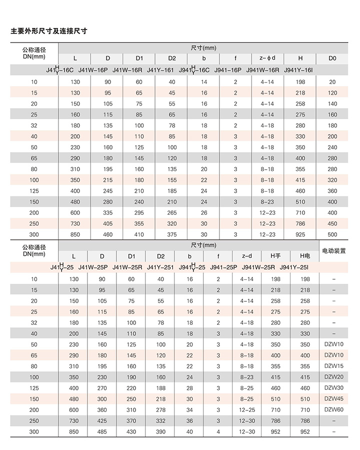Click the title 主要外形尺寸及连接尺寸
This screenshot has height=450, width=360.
click(x=49, y=31)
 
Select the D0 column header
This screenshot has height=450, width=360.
click(x=332, y=59)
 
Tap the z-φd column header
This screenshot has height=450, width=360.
click(x=267, y=59)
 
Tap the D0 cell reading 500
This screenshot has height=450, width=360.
click(x=332, y=234)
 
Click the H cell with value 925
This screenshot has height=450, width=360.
click(x=300, y=234)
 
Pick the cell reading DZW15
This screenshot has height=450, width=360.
click(x=333, y=366)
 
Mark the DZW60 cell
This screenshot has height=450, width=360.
click(x=333, y=409)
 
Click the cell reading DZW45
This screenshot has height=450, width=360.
click(x=333, y=398)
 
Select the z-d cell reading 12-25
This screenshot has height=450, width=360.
click(x=247, y=409)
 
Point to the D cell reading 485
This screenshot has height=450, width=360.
click(x=102, y=431)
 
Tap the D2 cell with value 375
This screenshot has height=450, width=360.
click(x=172, y=234)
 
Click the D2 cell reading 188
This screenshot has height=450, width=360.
click(x=160, y=388)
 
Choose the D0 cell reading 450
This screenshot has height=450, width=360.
click(x=332, y=223)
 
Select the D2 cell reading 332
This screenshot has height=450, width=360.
click(x=160, y=420)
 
